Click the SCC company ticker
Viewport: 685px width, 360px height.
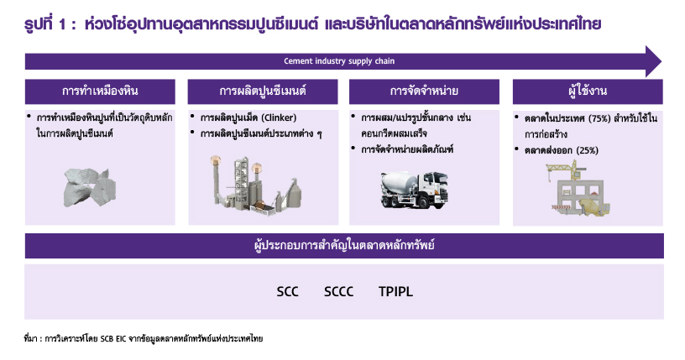(287, 291)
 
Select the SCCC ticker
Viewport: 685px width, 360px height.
(338, 291)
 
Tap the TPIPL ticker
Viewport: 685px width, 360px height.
(395, 291)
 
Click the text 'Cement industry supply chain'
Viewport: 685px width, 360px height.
(339, 61)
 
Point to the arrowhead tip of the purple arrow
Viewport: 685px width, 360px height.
(661, 61)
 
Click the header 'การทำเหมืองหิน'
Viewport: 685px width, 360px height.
(100, 91)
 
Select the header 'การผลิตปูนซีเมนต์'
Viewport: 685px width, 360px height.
(263, 91)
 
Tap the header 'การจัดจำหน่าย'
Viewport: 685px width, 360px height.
(424, 91)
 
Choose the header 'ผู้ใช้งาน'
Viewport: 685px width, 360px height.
(588, 91)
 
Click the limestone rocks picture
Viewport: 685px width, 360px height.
(90, 187)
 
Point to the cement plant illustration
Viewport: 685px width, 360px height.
(254, 185)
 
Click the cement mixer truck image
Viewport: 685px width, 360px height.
(414, 190)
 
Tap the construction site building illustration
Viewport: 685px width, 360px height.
(578, 188)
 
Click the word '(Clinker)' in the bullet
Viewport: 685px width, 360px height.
(279, 118)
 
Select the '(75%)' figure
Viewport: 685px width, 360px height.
(599, 118)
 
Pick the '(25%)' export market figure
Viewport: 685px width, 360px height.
(587, 150)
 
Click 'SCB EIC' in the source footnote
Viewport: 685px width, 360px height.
(113, 338)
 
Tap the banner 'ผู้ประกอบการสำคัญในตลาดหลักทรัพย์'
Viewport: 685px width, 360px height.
(344, 246)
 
